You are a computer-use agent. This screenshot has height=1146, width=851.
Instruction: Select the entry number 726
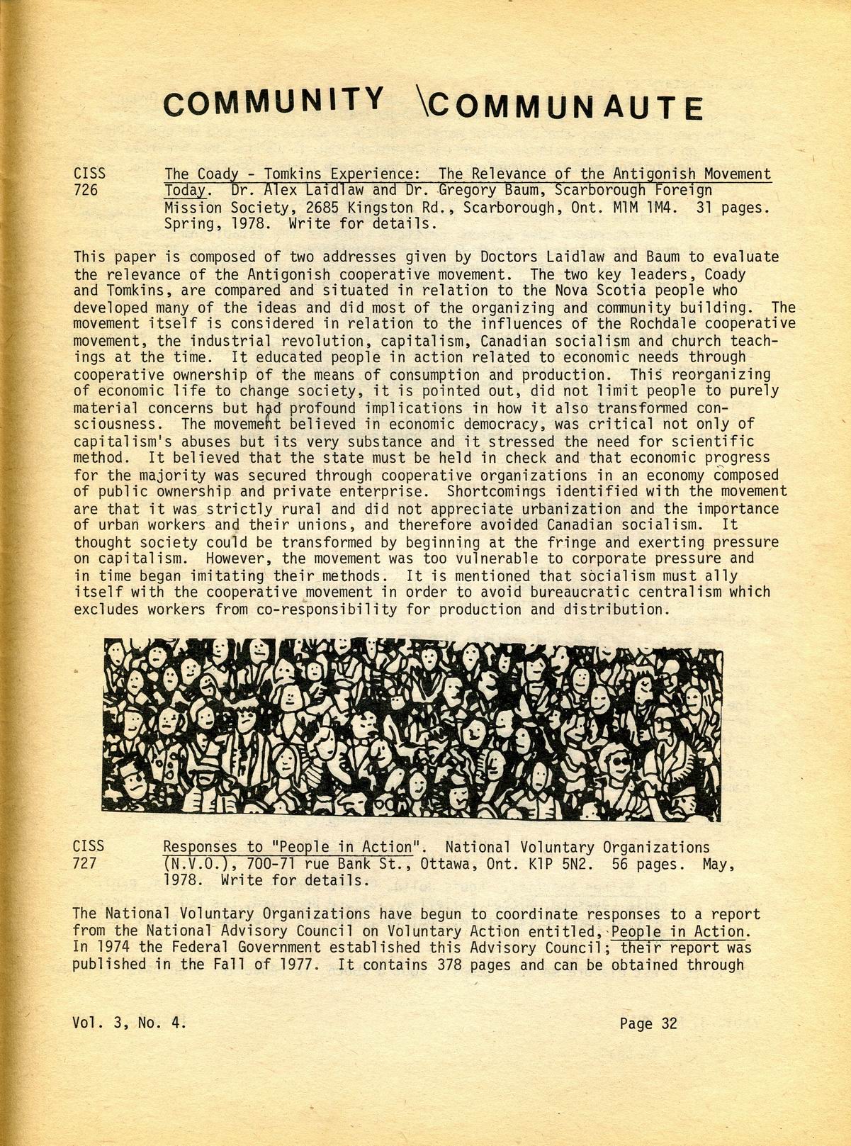tap(86, 191)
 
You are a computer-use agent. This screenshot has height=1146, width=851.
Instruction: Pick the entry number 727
tap(86, 863)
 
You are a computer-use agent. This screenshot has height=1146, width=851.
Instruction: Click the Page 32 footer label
tap(648, 1023)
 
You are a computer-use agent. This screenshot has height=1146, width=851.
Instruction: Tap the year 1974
tap(113, 948)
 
